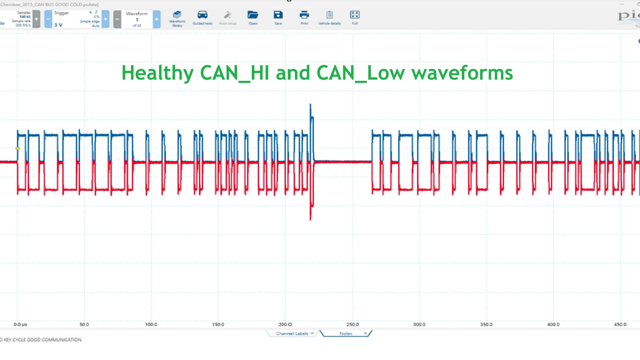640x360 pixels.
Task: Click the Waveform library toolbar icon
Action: pyautogui.click(x=177, y=15)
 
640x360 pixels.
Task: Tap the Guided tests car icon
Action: pyautogui.click(x=202, y=15)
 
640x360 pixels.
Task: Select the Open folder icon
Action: pyautogui.click(x=253, y=15)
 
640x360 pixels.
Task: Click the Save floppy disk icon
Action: pyautogui.click(x=278, y=15)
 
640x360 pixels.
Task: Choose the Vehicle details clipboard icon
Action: pyautogui.click(x=329, y=15)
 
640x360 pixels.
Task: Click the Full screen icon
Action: pyautogui.click(x=354, y=15)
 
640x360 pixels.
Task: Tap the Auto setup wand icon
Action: pyautogui.click(x=228, y=15)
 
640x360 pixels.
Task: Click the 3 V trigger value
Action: pyautogui.click(x=58, y=25)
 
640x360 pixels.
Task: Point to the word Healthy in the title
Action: pyautogui.click(x=157, y=73)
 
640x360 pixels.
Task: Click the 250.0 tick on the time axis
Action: pyautogui.click(x=353, y=324)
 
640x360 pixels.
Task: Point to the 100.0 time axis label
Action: pyautogui.click(x=151, y=324)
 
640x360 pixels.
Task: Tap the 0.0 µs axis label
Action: pyautogui.click(x=20, y=324)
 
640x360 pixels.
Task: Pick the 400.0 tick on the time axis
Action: pyautogui.click(x=553, y=324)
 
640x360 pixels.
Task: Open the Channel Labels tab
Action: pyautogui.click(x=292, y=334)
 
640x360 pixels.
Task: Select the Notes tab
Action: pyautogui.click(x=346, y=334)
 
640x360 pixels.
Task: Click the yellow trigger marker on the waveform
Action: pyautogui.click(x=18, y=149)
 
